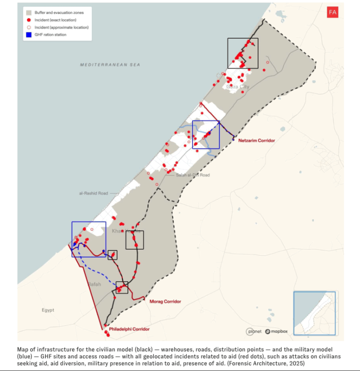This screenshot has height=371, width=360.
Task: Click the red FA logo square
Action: (x=332, y=13)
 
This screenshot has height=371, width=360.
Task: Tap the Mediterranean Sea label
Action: (x=110, y=64)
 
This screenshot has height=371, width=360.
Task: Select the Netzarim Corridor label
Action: (x=256, y=140)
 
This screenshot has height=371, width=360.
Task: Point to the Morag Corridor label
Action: (x=165, y=301)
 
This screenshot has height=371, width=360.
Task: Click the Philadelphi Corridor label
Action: (x=129, y=329)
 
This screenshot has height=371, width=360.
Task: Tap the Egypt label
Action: (x=48, y=310)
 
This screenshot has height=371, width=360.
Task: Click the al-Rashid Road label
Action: (x=93, y=193)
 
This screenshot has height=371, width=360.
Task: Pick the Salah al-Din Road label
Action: (x=193, y=175)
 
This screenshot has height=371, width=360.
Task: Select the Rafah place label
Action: (x=94, y=284)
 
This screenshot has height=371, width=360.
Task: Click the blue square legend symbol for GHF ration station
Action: (x=29, y=35)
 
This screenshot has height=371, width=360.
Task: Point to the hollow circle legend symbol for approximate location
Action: (x=29, y=28)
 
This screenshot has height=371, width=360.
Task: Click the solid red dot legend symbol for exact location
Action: (x=29, y=20)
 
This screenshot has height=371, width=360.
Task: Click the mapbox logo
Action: (x=277, y=331)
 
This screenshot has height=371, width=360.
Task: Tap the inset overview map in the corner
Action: (x=314, y=312)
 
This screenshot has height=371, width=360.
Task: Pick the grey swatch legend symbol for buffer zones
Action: (x=29, y=13)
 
